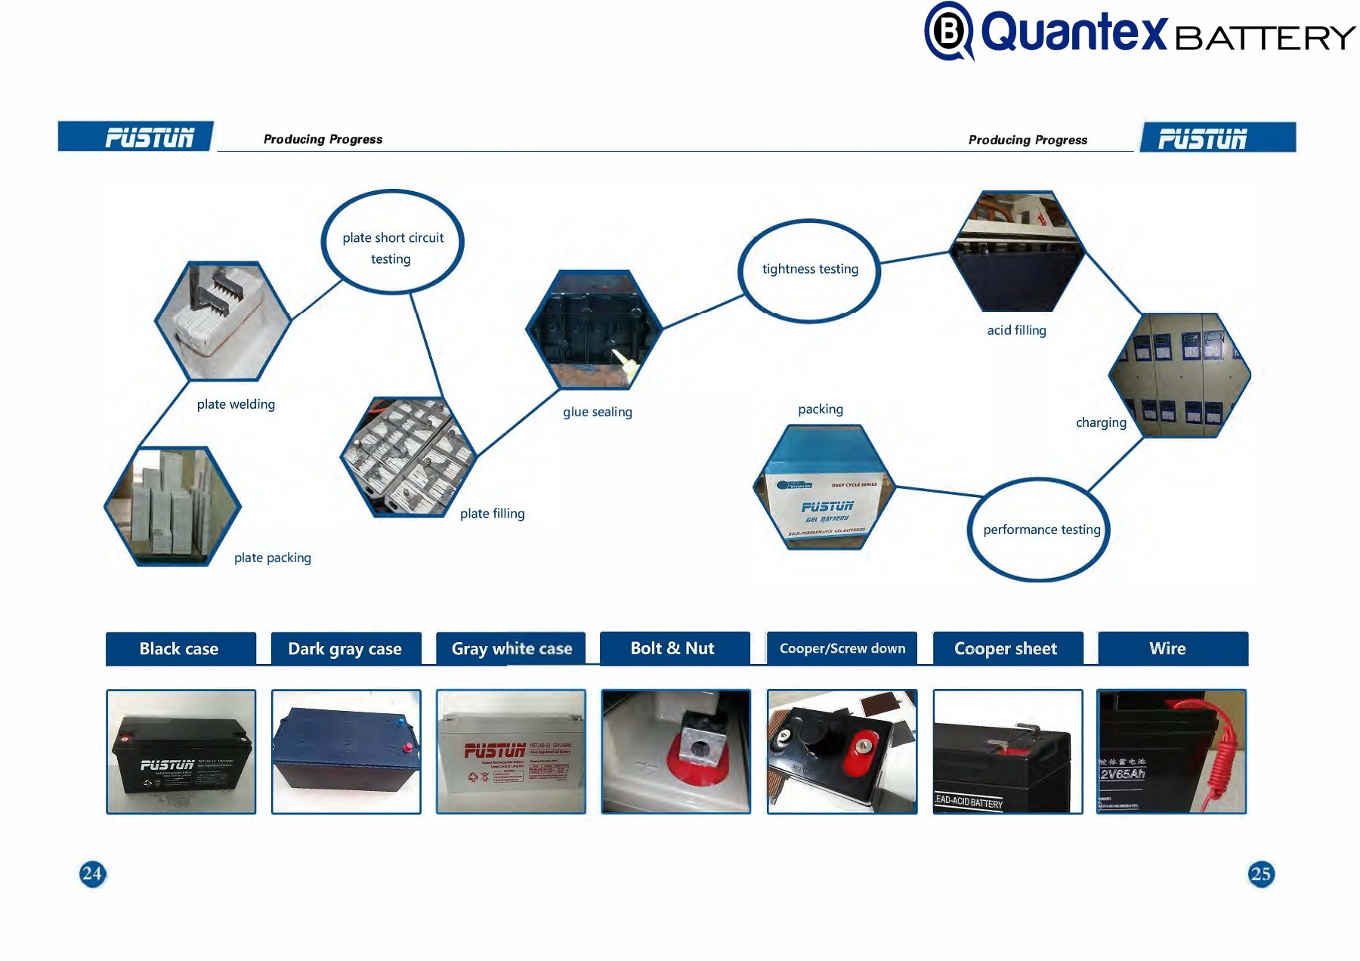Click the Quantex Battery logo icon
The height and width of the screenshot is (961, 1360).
949,32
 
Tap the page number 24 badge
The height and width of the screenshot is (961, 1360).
92,873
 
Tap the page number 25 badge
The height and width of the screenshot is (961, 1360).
1260,873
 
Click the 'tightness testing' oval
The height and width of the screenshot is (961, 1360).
809,270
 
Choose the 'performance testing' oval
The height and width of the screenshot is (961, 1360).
1040,530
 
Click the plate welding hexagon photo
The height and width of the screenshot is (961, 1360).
223,321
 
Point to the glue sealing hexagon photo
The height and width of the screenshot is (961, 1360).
594,329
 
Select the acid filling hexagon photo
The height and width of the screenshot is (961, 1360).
1017,251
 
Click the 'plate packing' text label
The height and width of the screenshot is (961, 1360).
272,558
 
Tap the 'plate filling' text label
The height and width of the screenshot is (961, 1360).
492,514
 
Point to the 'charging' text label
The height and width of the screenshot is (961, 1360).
1101,422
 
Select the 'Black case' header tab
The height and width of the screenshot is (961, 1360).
180,648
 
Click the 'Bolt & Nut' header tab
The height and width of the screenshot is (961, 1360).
673,648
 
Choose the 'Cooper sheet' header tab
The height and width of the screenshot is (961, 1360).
1006,648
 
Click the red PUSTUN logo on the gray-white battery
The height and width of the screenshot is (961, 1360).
494,750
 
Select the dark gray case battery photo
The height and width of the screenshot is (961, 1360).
346,752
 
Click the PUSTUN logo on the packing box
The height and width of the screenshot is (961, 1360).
827,506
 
